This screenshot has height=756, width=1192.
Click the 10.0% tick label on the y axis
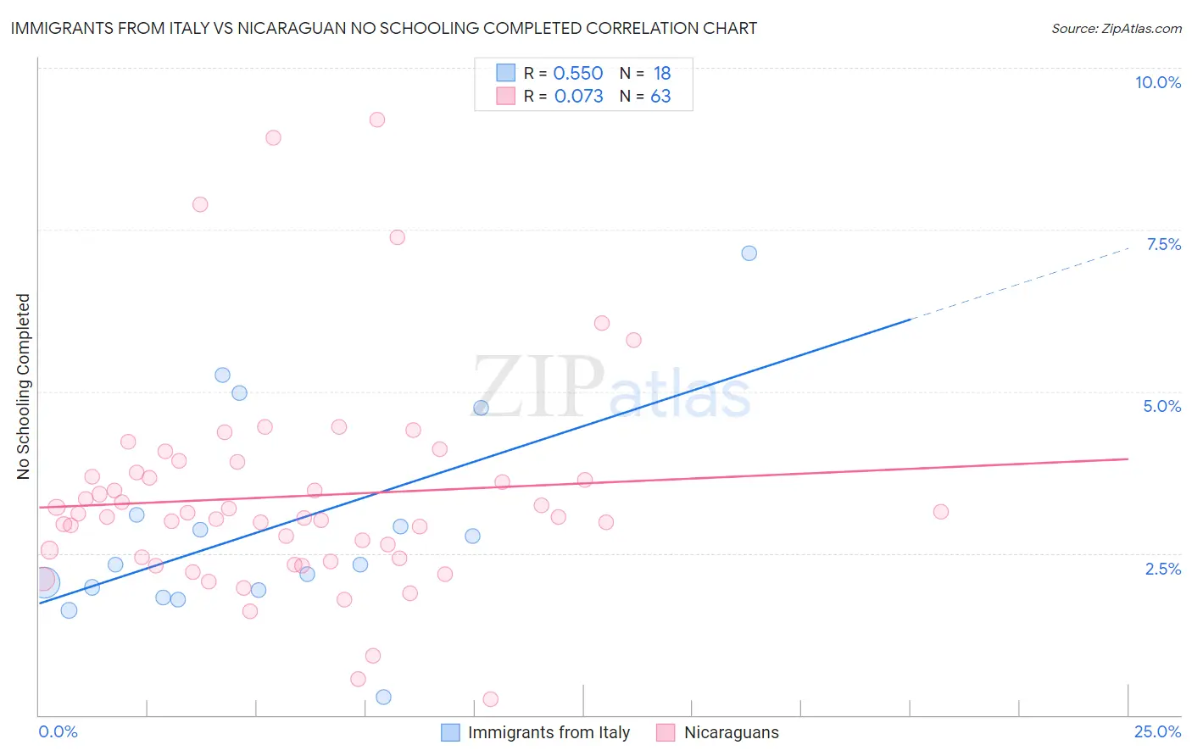coord(1157,82)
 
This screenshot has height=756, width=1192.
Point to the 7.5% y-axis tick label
coord(1163,244)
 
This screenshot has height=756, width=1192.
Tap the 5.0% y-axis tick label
coord(1161,406)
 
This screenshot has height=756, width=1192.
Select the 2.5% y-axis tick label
coord(1162,569)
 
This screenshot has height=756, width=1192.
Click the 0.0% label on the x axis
coord(58,731)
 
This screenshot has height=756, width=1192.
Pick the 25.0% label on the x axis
coord(1157,731)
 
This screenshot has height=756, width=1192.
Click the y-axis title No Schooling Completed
coord(24,386)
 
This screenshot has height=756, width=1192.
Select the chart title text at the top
coord(384,28)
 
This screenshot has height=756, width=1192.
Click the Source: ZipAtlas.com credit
coord(1116,28)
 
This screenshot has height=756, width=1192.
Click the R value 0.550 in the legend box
coord(577,74)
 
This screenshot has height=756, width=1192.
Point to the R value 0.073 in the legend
coord(578,97)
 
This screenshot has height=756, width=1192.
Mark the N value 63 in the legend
coord(660,97)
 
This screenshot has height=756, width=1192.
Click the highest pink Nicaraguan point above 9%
coord(377,120)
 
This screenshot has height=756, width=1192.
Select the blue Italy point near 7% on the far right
coord(749,253)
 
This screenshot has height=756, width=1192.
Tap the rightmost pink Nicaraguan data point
coord(940,511)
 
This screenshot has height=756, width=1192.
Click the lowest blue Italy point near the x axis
coord(383,697)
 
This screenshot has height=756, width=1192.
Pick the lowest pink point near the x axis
coord(490,699)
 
